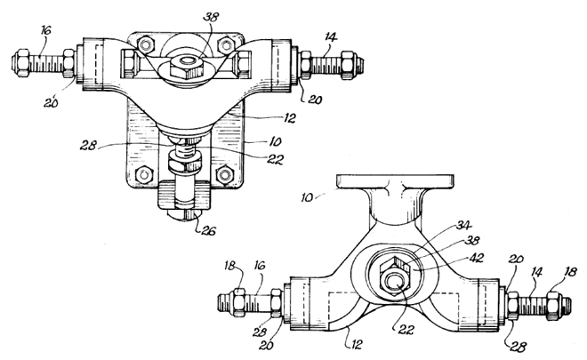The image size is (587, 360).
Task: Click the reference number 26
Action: click(208, 231)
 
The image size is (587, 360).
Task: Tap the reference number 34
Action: click(464, 226)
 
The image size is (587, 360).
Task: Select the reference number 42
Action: click(476, 258)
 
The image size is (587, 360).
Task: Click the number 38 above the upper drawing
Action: click(211, 17)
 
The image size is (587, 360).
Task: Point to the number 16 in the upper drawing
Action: click(45, 30)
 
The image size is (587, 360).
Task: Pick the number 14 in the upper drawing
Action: click(331, 37)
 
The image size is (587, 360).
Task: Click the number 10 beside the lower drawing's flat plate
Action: click(307, 197)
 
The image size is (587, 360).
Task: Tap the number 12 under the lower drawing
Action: click(356, 344)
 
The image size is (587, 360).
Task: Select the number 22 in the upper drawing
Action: click(275, 160)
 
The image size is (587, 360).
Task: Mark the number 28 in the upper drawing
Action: click(87, 145)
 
